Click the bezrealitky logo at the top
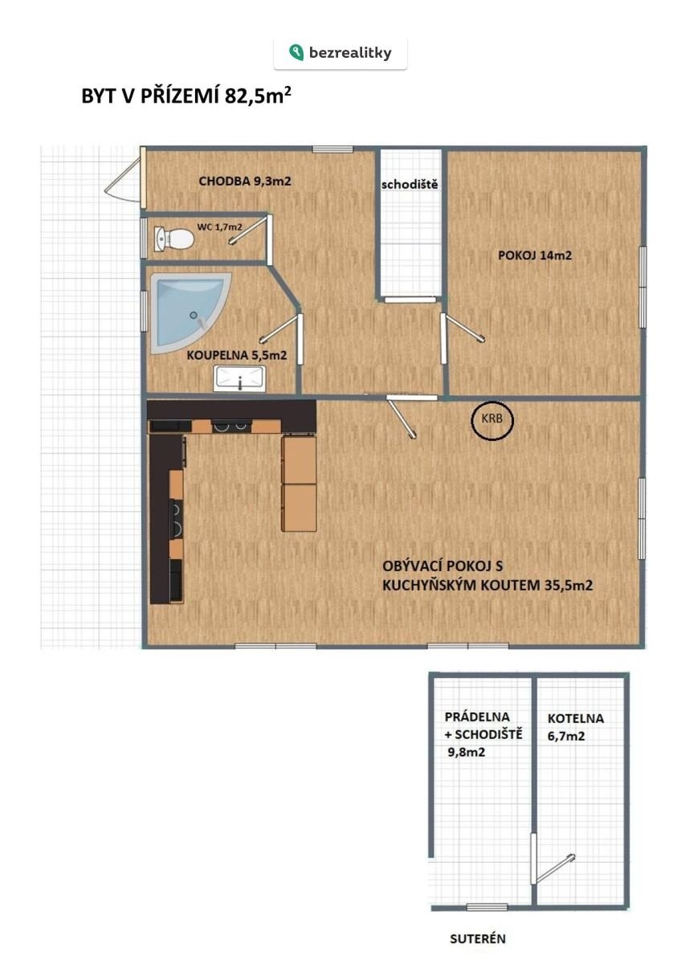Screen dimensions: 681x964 (x=340, y=52)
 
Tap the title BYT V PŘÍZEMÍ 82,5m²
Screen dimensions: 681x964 (x=186, y=96)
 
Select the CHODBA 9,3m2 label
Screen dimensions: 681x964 (x=245, y=182)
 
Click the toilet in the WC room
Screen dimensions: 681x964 (x=173, y=238)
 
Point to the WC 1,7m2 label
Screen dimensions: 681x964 (x=220, y=227)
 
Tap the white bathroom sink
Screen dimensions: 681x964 (x=240, y=378)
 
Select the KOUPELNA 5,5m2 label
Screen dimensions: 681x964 (x=237, y=355)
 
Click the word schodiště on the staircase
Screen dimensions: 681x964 (x=410, y=184)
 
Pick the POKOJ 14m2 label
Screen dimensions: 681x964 (x=535, y=255)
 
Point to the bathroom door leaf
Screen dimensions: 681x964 (x=279, y=329)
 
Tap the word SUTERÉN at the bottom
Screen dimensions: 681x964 (x=478, y=938)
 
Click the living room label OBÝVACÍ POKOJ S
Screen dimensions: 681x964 (x=442, y=566)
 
